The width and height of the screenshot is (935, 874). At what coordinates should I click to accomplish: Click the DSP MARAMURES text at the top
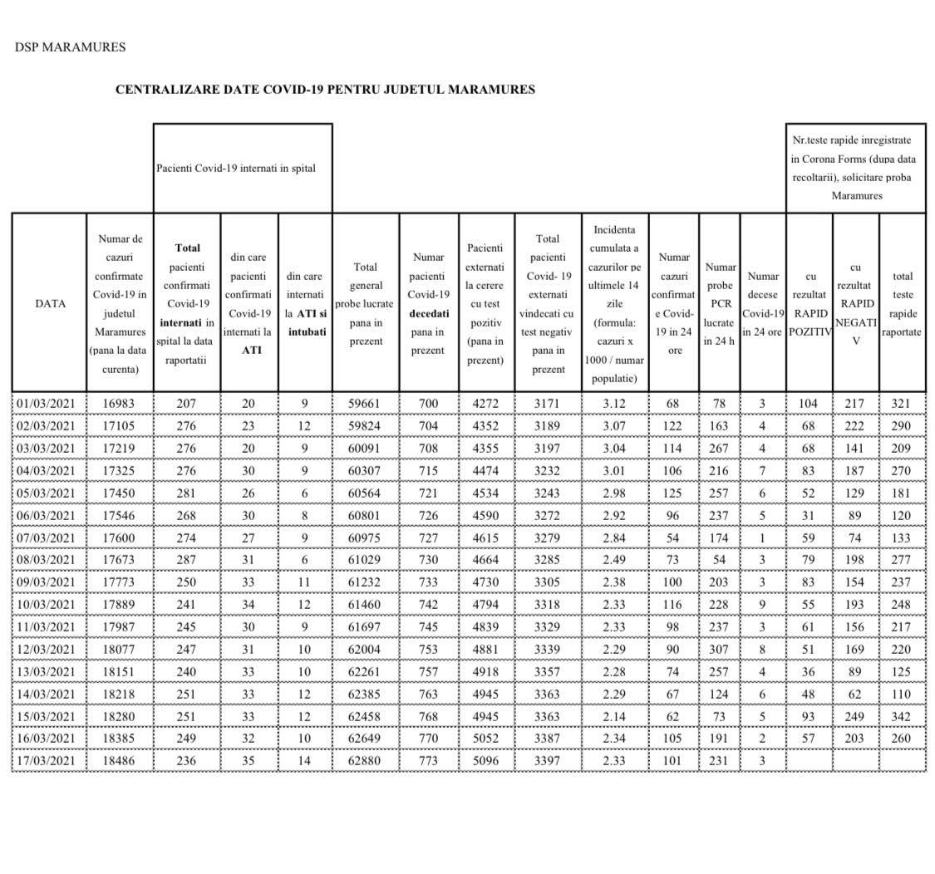[70, 47]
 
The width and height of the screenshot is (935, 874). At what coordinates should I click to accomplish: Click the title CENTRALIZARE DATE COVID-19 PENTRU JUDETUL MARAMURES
[325, 90]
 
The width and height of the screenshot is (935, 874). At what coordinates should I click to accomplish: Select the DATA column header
[50, 303]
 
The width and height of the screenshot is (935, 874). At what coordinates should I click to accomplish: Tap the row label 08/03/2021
[47, 560]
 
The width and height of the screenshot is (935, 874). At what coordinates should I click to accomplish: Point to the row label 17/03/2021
[47, 761]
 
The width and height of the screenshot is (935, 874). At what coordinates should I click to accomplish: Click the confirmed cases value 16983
[119, 404]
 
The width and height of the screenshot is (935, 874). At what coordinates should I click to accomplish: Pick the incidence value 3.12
[614, 404]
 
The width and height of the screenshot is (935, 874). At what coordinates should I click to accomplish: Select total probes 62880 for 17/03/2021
[366, 761]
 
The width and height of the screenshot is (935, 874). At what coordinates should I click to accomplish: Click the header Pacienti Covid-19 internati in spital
[236, 168]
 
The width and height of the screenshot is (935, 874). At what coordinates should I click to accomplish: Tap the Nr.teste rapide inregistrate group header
[855, 168]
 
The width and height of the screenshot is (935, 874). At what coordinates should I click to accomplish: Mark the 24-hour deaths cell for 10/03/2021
[762, 605]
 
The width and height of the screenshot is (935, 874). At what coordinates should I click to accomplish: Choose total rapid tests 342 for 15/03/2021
[902, 716]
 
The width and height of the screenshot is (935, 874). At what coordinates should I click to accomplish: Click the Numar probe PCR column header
[719, 304]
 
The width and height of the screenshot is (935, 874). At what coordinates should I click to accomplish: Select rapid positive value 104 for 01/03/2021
[809, 404]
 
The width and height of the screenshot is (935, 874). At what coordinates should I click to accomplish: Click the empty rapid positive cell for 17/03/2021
[809, 761]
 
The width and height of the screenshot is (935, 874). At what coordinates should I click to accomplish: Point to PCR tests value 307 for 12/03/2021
[719, 650]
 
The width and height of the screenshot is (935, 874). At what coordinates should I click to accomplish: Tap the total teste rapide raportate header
[902, 304]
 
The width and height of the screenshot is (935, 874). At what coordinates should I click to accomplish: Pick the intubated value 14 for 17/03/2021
[305, 761]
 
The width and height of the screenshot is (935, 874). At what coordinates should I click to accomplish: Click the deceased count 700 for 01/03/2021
[428, 404]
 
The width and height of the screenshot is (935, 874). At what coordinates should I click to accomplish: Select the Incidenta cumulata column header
[614, 304]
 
